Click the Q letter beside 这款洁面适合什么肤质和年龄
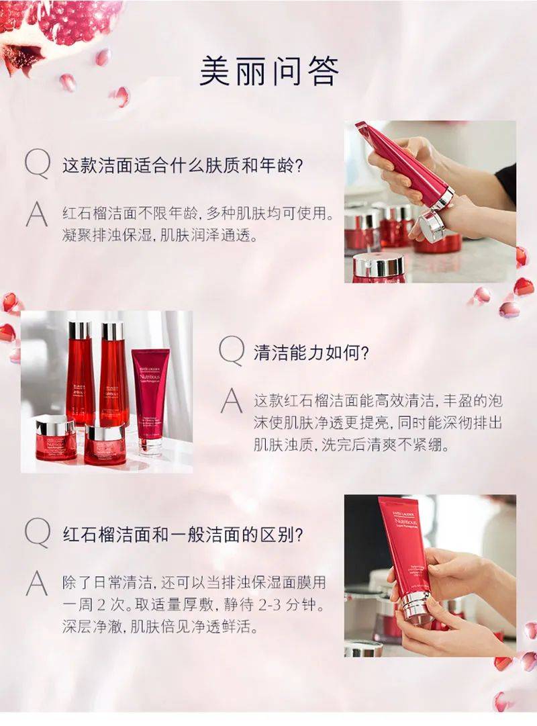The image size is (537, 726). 37,165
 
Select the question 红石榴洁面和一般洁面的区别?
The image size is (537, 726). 183,535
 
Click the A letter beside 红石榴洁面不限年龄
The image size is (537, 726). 37,215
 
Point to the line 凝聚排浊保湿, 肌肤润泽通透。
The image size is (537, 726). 149,236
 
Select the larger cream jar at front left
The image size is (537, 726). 56,438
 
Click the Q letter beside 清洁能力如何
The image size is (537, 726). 232,351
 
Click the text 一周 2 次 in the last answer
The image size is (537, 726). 99,605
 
